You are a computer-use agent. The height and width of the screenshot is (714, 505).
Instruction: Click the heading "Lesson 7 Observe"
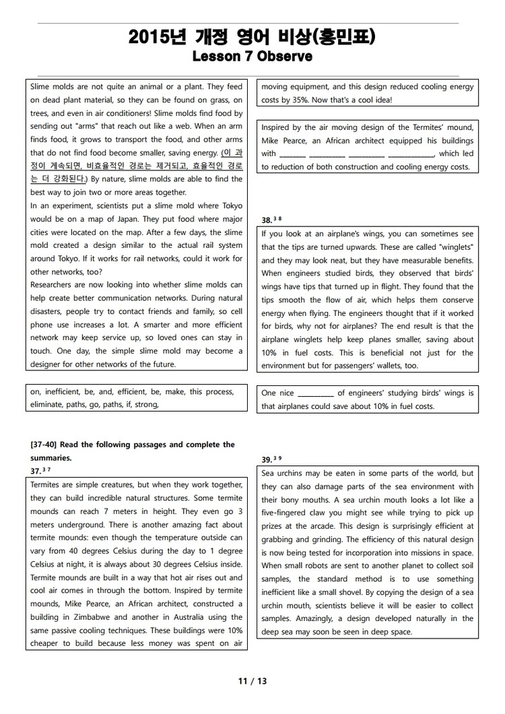coord(252,57)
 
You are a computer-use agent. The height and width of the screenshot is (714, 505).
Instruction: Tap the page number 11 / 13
coord(252,681)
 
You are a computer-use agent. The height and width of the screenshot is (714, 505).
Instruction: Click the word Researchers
coord(53,285)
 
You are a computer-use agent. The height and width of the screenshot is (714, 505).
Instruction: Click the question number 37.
coord(36,471)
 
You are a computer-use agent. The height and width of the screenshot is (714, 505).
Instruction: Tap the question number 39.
coord(267,459)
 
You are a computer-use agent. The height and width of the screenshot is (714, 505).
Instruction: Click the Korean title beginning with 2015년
coord(252,38)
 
